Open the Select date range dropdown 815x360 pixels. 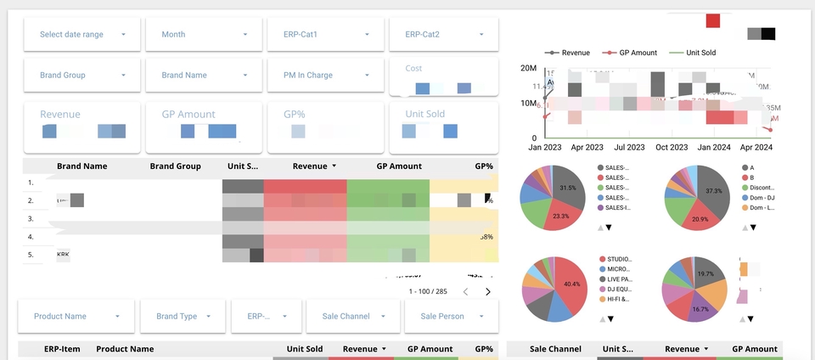point(81,35)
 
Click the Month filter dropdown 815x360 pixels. point(204,35)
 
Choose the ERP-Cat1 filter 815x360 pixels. point(326,35)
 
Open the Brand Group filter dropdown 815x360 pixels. point(81,76)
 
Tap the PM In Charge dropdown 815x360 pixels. point(326,76)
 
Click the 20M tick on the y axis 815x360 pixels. point(528,69)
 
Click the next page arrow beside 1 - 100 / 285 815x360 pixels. point(488,292)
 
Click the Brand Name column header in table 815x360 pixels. point(81,166)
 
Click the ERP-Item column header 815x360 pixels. point(62,349)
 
